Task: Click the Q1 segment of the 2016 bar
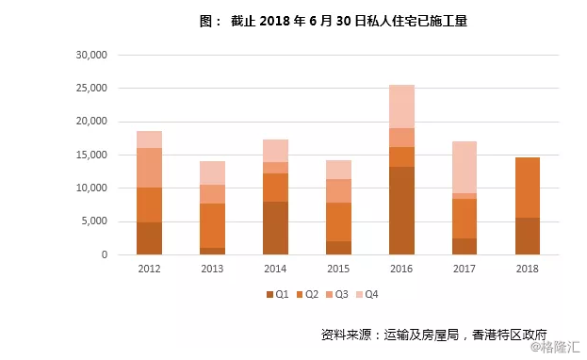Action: pos(401,210)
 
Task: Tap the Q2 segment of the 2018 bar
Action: pos(529,188)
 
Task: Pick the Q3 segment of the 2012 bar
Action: pos(149,168)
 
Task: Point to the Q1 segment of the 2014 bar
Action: pos(275,227)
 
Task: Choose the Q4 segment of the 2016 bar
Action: pos(401,106)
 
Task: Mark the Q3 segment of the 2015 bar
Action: pos(338,190)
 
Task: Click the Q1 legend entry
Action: pos(276,295)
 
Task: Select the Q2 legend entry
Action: pos(309,295)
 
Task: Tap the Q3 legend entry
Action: pos(341,295)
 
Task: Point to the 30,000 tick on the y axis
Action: pos(92,55)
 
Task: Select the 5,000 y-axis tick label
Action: pos(95,221)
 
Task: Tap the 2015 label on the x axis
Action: pos(338,269)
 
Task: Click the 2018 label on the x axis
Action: pos(529,269)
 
